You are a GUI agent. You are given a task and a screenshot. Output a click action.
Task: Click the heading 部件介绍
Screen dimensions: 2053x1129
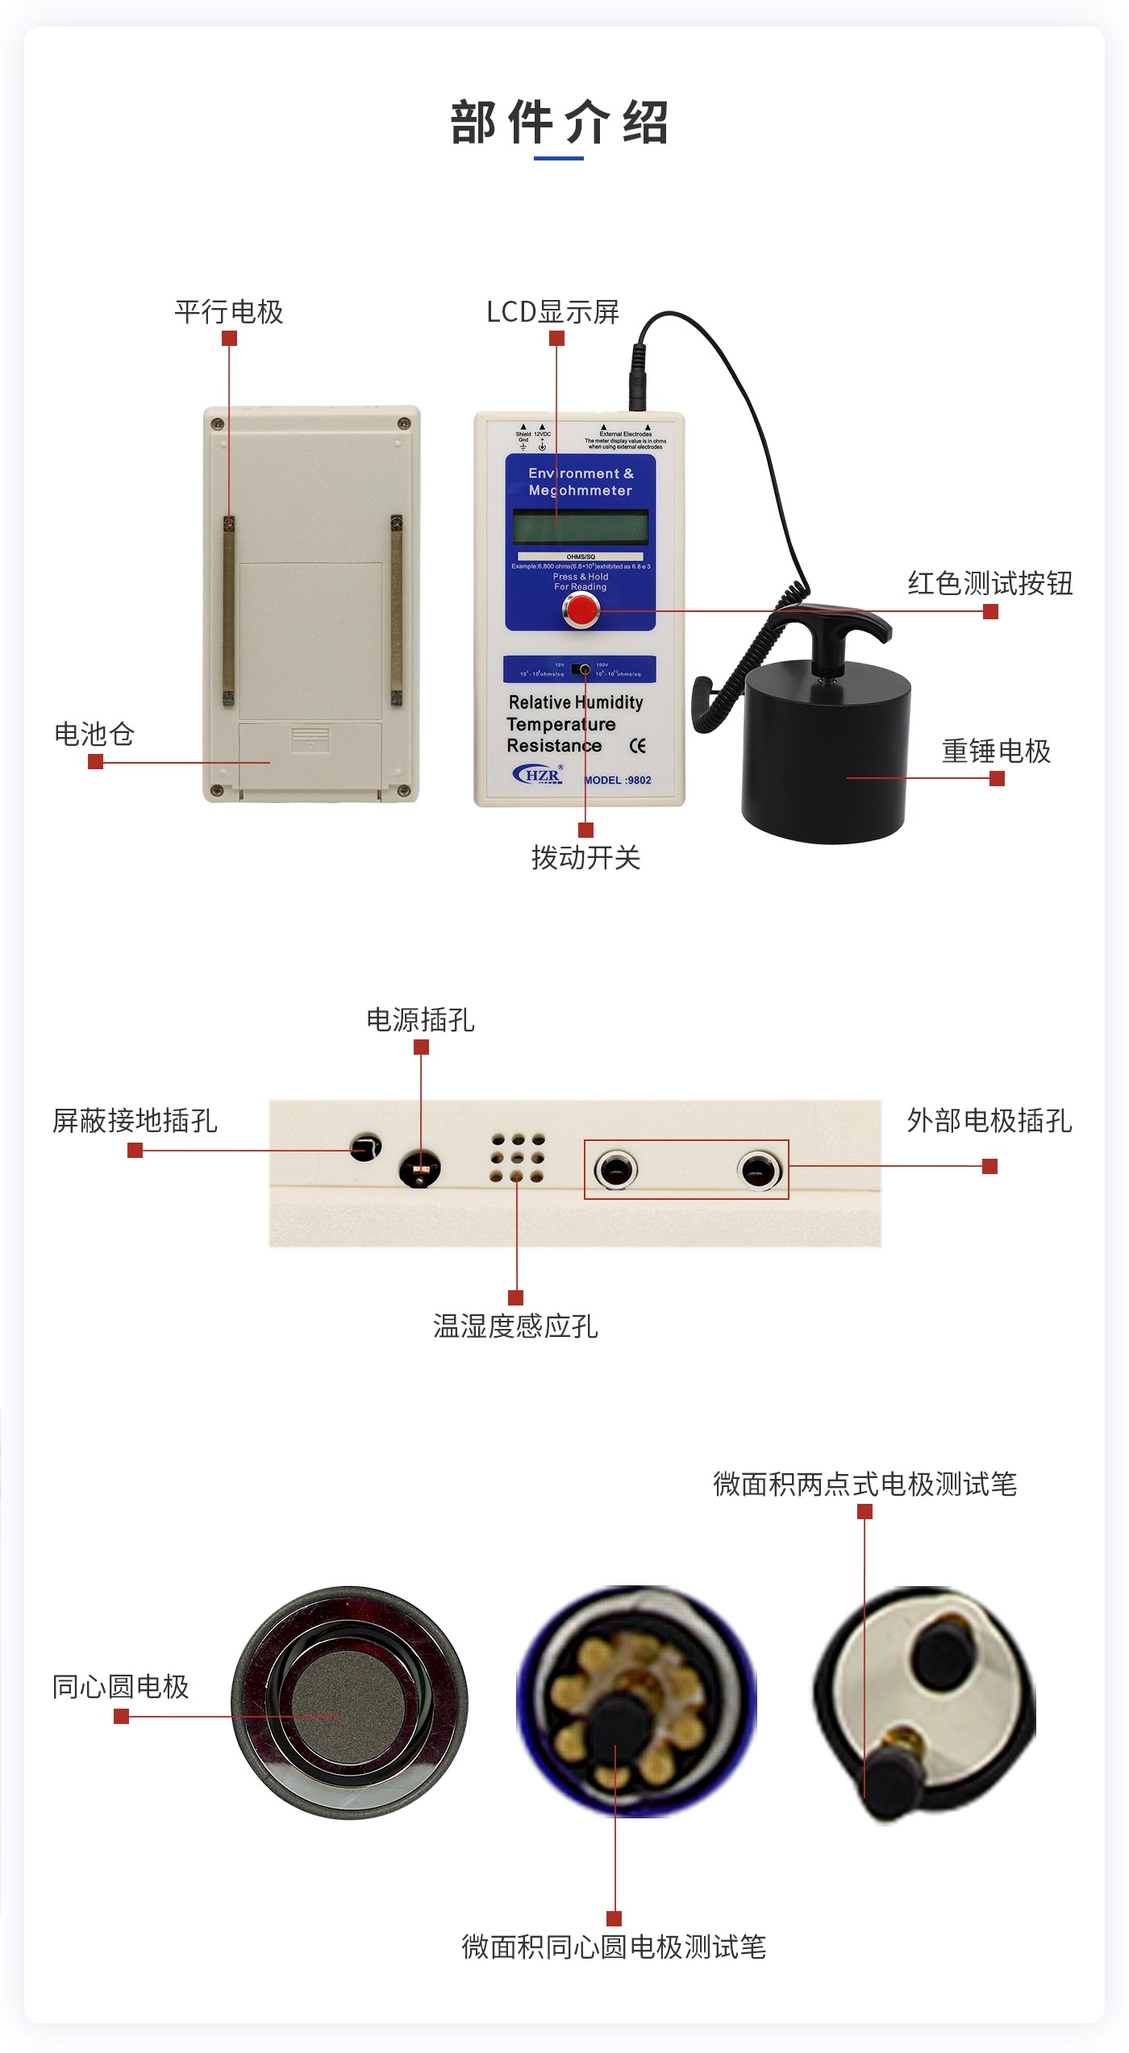(560, 123)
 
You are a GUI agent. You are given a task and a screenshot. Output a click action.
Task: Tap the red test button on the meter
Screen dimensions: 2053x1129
(581, 610)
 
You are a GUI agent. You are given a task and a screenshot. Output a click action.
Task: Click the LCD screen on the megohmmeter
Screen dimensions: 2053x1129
(581, 527)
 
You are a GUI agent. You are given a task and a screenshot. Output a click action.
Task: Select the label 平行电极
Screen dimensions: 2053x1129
(229, 312)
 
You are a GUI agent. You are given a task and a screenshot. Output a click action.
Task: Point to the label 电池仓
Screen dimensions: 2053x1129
(94, 734)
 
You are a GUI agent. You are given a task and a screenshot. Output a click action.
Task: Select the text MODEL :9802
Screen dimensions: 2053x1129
(618, 780)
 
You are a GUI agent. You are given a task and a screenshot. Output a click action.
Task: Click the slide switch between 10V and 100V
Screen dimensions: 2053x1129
(581, 669)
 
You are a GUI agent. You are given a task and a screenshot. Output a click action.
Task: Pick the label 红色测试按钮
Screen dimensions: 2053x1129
(989, 583)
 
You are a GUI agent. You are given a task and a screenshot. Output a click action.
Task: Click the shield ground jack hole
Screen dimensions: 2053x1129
(365, 1147)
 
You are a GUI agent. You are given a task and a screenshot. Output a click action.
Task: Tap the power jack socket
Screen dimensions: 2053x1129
(420, 1168)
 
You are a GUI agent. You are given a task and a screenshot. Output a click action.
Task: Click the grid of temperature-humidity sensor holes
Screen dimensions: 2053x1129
(517, 1158)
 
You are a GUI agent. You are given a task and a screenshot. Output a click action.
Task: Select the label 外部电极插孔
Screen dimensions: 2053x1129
(989, 1120)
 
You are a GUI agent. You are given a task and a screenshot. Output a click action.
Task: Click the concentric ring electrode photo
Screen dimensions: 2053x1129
(349, 1702)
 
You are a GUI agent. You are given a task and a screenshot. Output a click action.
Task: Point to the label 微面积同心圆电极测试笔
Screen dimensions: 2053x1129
(614, 1947)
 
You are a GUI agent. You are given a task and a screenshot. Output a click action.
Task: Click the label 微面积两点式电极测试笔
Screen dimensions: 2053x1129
(864, 1484)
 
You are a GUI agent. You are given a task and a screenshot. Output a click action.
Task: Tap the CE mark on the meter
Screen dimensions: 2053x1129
(637, 746)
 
